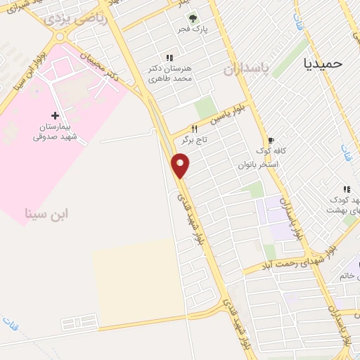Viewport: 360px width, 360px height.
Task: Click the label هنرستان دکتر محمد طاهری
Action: click(x=168, y=72)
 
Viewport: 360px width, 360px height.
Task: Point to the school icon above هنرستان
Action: click(x=169, y=57)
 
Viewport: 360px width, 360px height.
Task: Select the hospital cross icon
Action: click(x=55, y=115)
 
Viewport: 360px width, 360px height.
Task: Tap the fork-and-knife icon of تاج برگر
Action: click(x=194, y=129)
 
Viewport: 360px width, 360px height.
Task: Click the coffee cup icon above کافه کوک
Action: click(x=271, y=141)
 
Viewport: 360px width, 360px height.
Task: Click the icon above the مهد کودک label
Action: click(x=346, y=189)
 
